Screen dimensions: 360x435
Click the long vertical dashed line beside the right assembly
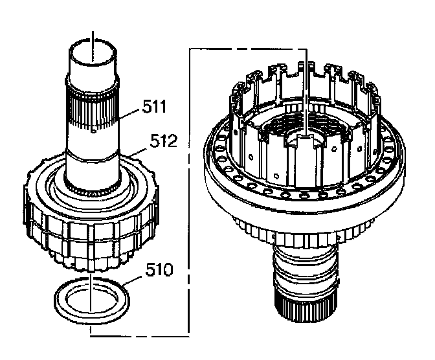pyautogui.click(x=188, y=194)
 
